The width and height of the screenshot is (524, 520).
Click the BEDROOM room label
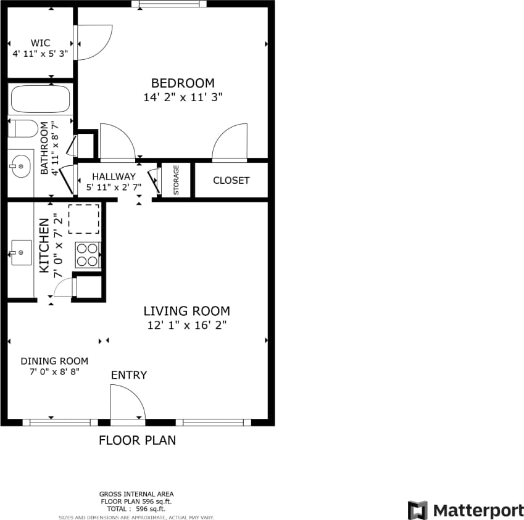coord(183,83)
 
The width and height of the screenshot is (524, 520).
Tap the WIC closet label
coord(40,43)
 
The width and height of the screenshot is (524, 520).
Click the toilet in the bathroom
coord(24,130)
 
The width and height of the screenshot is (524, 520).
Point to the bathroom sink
coord(20,165)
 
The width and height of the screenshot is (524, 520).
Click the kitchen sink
coord(21,252)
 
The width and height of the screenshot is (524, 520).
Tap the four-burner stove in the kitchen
coord(88,255)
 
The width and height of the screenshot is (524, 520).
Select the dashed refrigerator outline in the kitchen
coord(83,219)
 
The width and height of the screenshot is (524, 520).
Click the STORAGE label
coord(176,180)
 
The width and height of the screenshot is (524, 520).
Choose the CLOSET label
coord(231,180)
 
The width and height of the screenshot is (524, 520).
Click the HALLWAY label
coord(114,176)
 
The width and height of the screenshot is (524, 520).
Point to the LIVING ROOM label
coord(186,312)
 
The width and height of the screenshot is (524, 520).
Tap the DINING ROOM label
coord(54,361)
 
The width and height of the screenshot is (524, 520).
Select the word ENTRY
coord(128,375)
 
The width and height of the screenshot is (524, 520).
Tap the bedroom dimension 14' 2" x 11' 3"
coord(183,97)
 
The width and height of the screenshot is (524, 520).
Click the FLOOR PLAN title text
coord(137,440)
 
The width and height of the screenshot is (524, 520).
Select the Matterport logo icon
coord(418,510)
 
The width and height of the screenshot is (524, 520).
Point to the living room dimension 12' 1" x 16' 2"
coord(186,325)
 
